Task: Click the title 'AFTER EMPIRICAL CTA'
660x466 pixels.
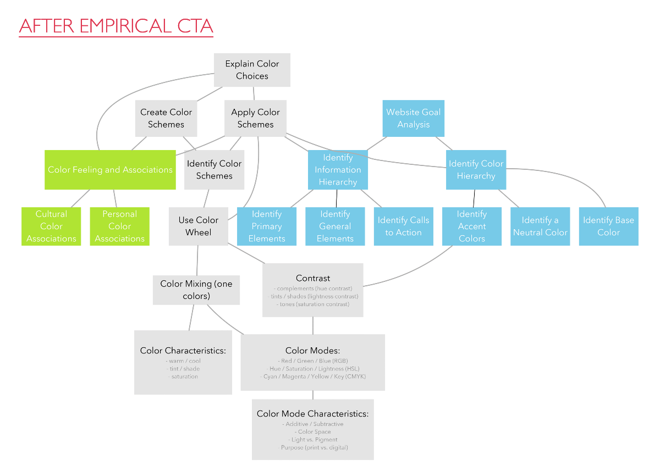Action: (116, 26)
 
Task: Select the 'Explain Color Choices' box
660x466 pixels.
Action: (252, 70)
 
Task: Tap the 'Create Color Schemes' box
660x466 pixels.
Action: (166, 118)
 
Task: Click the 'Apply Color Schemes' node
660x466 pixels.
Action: (255, 118)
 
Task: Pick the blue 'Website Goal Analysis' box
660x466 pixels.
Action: (413, 118)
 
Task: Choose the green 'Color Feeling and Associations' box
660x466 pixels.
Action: (110, 170)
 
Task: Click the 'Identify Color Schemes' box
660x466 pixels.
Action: (214, 170)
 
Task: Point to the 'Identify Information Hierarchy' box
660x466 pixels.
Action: (338, 170)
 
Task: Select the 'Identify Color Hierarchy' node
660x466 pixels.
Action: (476, 170)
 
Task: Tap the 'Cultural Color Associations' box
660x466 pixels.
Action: (51, 226)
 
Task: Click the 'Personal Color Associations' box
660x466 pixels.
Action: (119, 226)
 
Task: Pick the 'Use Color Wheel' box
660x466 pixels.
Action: (199, 226)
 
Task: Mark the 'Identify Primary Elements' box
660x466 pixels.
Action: (267, 226)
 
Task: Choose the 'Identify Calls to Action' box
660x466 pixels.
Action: (403, 226)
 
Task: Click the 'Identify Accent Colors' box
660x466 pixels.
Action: (471, 226)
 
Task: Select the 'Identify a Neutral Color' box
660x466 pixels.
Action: (540, 226)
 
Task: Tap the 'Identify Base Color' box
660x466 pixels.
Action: (608, 226)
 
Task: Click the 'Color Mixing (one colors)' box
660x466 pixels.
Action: (196, 290)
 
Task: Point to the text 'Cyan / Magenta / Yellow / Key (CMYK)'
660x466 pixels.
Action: (313, 376)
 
